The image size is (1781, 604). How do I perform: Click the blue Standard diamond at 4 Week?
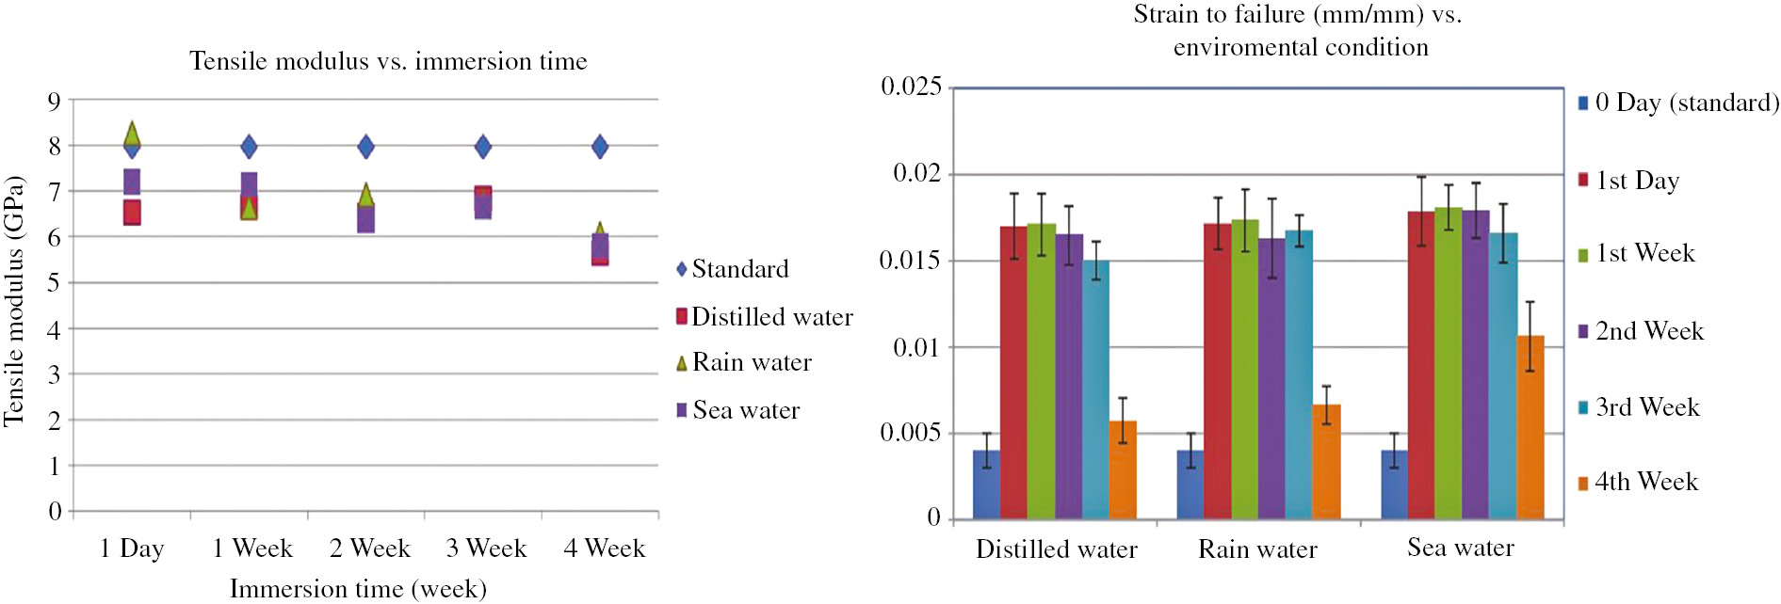[599, 147]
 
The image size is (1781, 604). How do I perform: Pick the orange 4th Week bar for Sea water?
[1530, 427]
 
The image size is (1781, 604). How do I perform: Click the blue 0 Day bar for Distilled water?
[986, 485]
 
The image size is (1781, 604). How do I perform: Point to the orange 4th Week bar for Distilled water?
[1123, 469]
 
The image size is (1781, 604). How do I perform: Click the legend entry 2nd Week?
[1648, 331]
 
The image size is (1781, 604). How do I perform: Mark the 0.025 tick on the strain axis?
[911, 87]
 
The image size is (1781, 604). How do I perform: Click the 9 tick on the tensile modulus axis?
[55, 101]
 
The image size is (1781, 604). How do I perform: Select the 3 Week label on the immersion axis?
[486, 548]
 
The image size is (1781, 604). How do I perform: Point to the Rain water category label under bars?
[1257, 549]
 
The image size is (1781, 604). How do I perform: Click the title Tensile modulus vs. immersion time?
[388, 61]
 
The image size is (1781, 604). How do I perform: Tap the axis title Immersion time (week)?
[358, 589]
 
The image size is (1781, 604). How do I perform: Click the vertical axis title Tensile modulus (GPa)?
[13, 301]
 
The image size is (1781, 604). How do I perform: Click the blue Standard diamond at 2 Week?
[365, 147]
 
